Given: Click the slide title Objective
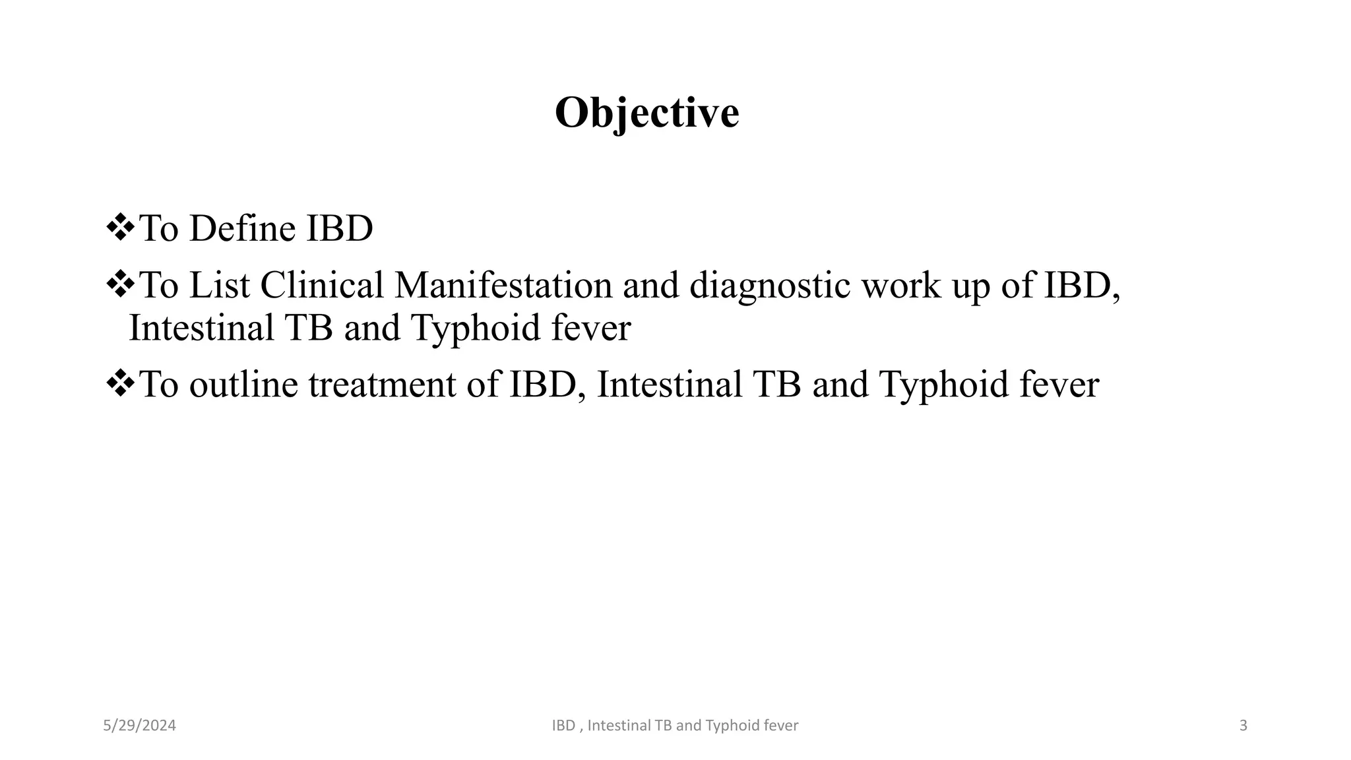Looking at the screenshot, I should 646,113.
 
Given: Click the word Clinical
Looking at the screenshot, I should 322,286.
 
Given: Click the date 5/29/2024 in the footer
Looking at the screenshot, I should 140,726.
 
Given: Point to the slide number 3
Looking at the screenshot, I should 1243,726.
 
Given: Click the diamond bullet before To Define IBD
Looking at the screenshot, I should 120,229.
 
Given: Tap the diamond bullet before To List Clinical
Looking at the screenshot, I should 120,286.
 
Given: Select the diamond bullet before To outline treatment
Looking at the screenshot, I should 120,384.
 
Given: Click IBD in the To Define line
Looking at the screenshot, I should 339,229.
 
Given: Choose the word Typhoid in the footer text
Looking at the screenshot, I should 732,726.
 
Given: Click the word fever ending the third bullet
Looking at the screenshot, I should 1059,385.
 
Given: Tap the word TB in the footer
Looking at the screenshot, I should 663,726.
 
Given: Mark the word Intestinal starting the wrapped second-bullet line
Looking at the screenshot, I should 201,328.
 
